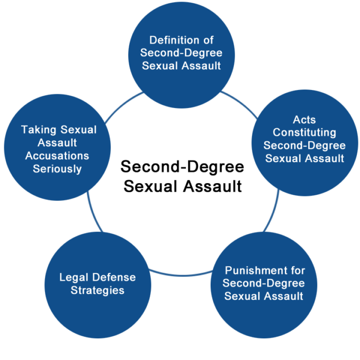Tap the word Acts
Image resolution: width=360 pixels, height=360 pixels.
tap(304, 119)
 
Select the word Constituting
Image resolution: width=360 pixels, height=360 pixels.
tap(304, 132)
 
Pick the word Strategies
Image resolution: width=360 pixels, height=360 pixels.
tap(97, 290)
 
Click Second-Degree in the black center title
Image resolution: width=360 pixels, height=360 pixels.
tap(182, 168)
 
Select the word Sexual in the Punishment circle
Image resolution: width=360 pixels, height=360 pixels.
tap(242, 296)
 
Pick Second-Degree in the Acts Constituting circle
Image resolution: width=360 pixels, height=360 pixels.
tap(304, 145)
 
